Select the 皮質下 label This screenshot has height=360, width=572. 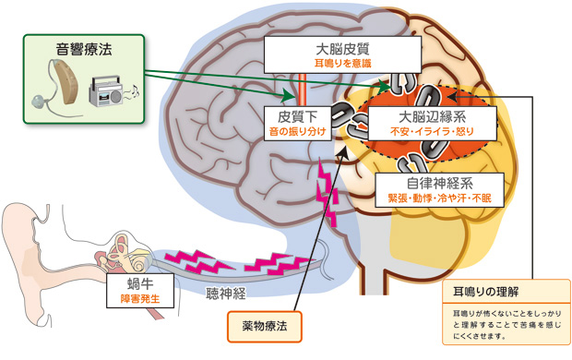(296, 118)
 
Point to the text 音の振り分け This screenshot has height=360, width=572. (296, 134)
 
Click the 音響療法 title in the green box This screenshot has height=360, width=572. (84, 46)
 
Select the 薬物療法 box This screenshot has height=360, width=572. (264, 326)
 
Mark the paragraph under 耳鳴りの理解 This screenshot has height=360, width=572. (499, 326)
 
